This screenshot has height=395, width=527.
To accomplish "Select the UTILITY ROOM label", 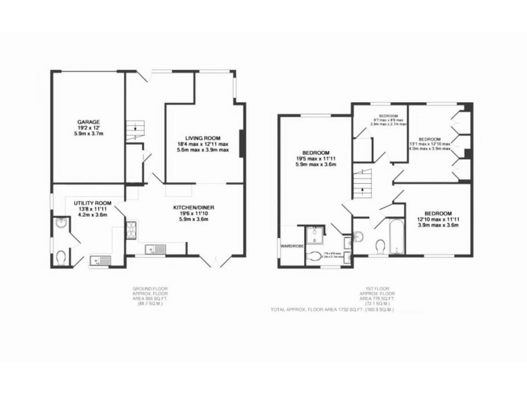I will point(93,204).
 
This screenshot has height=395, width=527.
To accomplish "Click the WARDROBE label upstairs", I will point(291,244).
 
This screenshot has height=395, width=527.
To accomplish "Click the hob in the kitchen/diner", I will point(130,230).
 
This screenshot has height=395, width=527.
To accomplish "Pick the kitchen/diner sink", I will point(155,249).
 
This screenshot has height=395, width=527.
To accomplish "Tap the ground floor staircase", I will point(136,130).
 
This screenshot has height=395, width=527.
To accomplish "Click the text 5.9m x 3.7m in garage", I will point(86,134).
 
